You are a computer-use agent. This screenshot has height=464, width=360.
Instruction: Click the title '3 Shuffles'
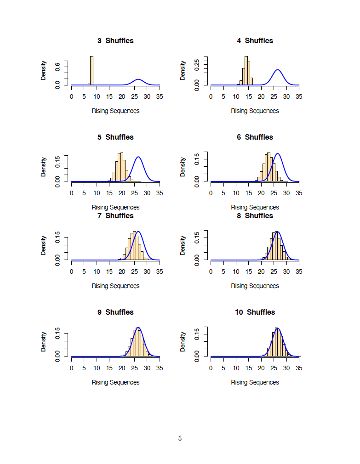click(115, 41)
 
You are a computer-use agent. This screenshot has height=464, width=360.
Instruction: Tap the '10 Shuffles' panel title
click(255, 312)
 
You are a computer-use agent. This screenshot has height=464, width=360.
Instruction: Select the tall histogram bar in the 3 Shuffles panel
click(91, 70)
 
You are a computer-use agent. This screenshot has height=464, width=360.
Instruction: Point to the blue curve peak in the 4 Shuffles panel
click(277, 70)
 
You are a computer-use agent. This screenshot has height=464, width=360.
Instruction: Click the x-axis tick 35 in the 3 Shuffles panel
click(160, 97)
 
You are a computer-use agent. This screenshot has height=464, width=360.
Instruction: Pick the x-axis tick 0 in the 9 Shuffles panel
click(71, 368)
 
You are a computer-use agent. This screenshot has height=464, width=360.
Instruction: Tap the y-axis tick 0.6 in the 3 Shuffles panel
click(57, 67)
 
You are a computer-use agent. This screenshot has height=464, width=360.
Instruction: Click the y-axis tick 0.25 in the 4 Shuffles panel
click(197, 63)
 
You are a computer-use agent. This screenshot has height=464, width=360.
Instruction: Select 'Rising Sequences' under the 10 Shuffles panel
click(255, 382)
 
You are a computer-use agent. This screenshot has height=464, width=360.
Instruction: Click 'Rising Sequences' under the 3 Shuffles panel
click(115, 111)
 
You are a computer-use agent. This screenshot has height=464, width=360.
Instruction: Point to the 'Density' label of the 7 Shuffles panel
click(44, 245)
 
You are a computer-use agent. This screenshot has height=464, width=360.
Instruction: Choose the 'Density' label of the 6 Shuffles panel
click(183, 167)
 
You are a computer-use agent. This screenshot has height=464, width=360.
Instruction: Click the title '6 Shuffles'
click(255, 137)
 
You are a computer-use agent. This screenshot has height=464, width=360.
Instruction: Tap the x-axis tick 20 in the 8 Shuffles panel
click(261, 272)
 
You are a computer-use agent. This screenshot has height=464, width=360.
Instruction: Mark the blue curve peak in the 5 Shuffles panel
click(138, 158)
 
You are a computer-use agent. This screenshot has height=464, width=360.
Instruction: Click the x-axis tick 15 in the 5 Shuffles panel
click(109, 193)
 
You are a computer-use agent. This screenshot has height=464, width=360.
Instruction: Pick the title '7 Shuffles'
click(115, 216)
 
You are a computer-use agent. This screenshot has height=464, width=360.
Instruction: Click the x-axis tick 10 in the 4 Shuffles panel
click(236, 97)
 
